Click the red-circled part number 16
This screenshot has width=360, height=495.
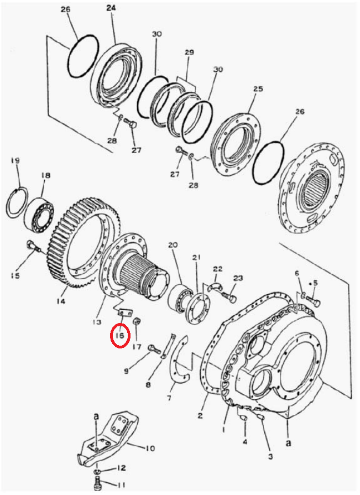(120, 335)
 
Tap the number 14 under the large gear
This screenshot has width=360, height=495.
(61, 301)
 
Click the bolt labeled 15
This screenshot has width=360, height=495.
(33, 246)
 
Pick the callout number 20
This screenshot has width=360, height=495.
(173, 244)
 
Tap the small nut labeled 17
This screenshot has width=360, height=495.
(137, 322)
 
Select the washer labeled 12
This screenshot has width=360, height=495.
(98, 471)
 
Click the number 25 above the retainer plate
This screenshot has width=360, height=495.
(258, 88)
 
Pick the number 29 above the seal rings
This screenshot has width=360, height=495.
(189, 52)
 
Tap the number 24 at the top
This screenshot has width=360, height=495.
(111, 8)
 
